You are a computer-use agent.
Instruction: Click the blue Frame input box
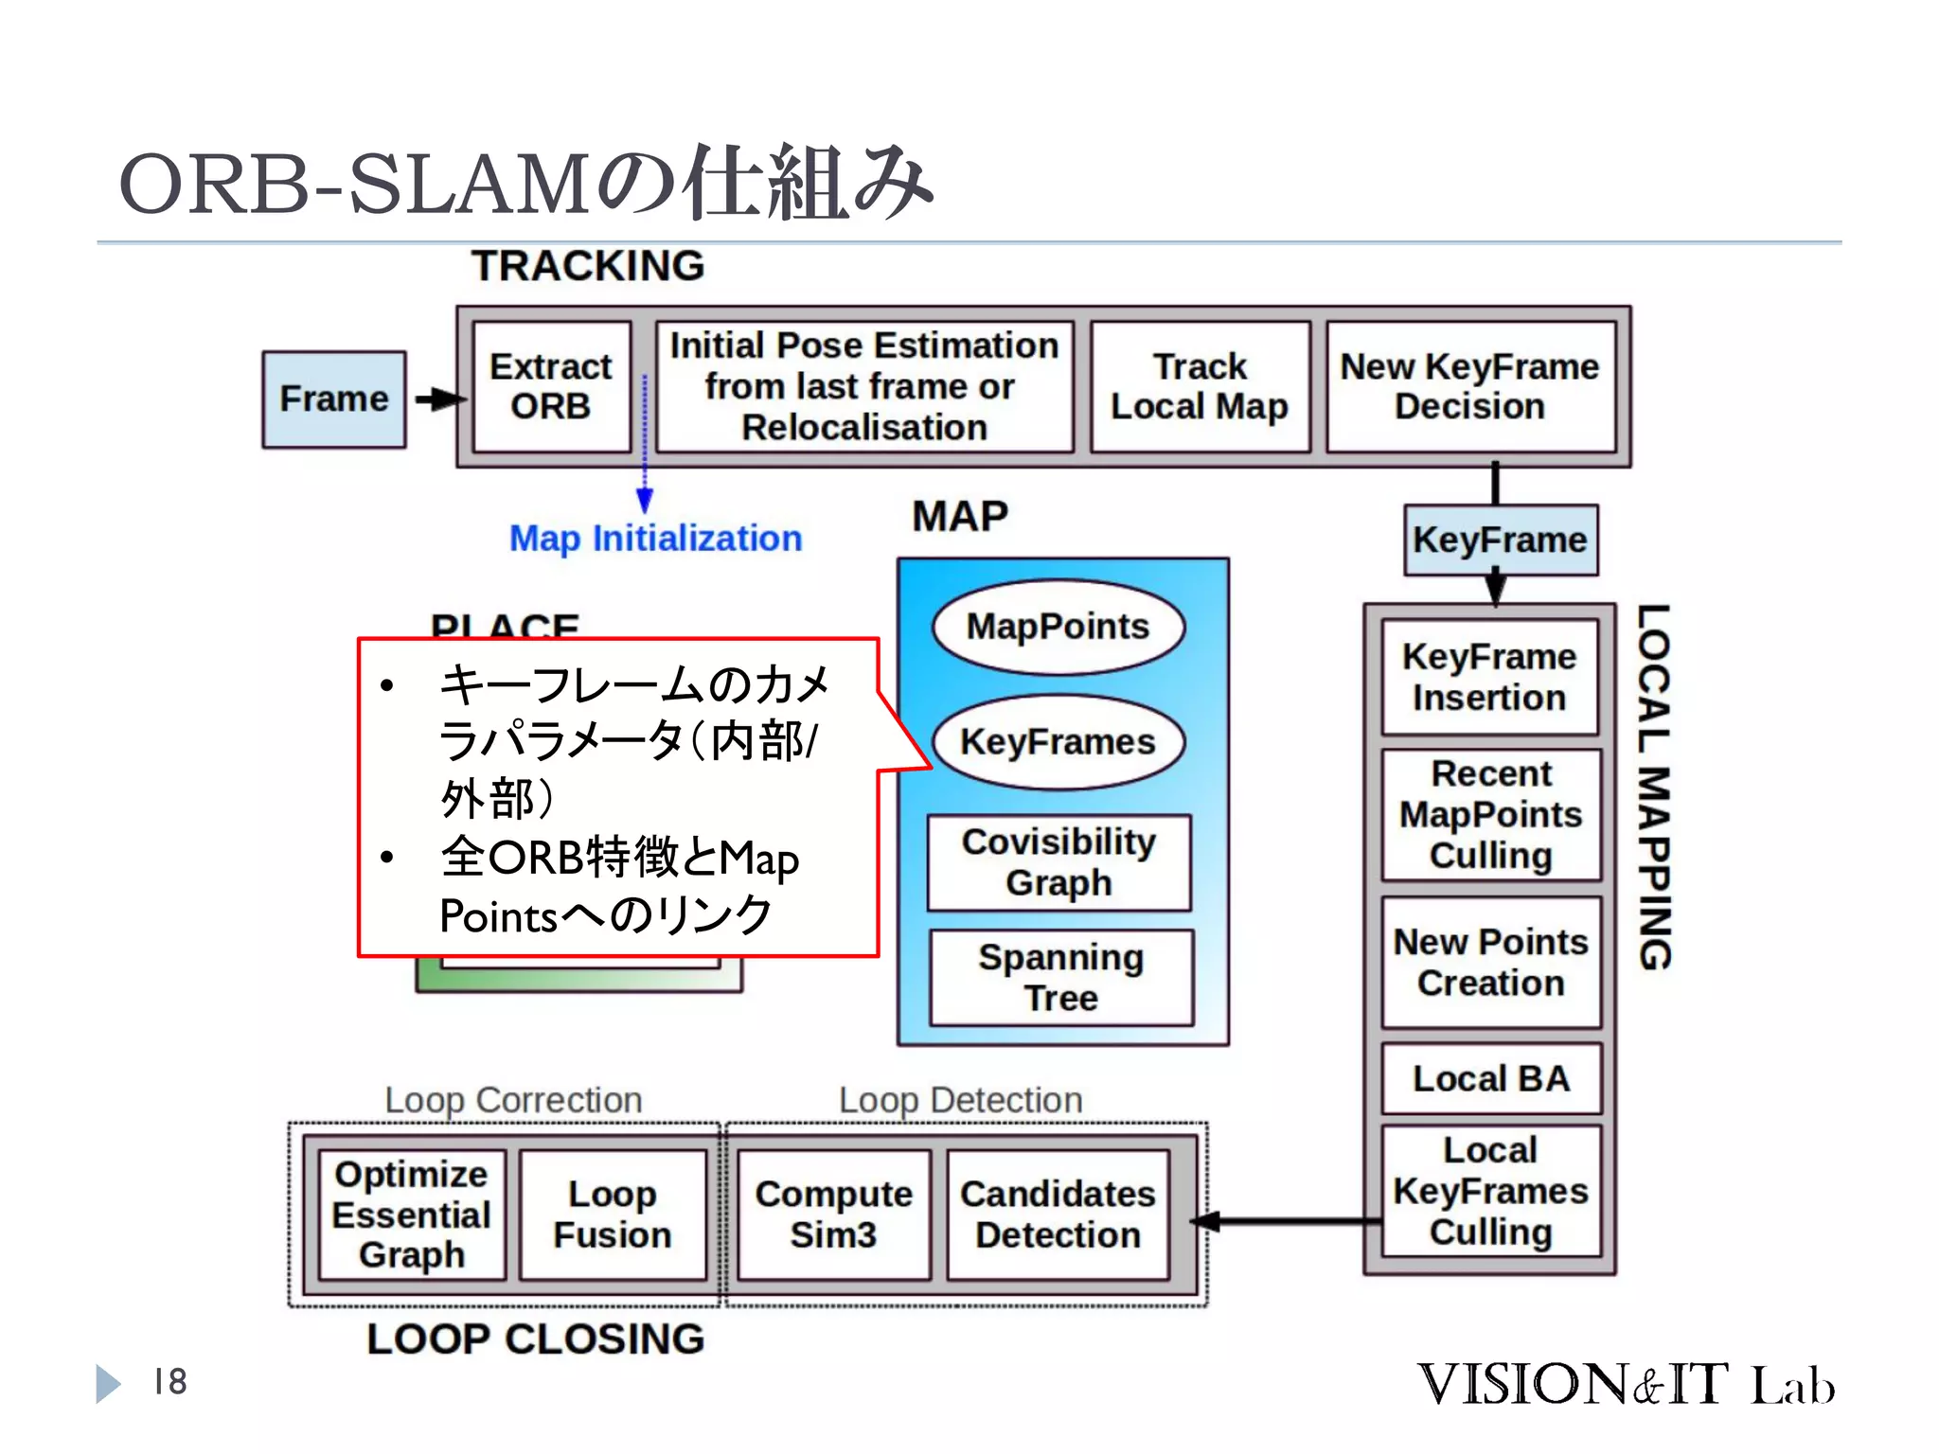tap(333, 399)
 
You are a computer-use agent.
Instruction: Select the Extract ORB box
tap(551, 386)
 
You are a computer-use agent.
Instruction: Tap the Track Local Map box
tap(1200, 386)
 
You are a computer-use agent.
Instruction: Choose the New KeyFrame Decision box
tap(1469, 386)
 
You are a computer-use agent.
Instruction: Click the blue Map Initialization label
tap(655, 538)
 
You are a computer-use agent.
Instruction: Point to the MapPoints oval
tap(1058, 627)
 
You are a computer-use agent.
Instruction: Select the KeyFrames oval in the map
tap(1058, 741)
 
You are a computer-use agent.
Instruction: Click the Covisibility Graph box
tap(1058, 862)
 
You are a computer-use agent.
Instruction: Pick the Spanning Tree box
tap(1061, 978)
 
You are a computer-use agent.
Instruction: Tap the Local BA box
tap(1491, 1078)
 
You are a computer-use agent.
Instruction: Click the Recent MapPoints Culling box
tap(1491, 814)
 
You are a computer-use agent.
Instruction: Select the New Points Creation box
tap(1491, 962)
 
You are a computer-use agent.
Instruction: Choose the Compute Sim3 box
tap(833, 1215)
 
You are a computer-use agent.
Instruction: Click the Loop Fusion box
tap(613, 1215)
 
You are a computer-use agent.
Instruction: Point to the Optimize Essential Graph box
tap(412, 1215)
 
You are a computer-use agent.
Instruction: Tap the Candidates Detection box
tap(1058, 1215)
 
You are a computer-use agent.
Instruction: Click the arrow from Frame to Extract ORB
tap(437, 399)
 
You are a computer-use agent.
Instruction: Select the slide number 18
tap(170, 1382)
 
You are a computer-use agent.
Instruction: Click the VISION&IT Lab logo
tap(1625, 1384)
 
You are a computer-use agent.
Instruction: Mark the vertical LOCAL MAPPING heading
tap(1654, 786)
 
